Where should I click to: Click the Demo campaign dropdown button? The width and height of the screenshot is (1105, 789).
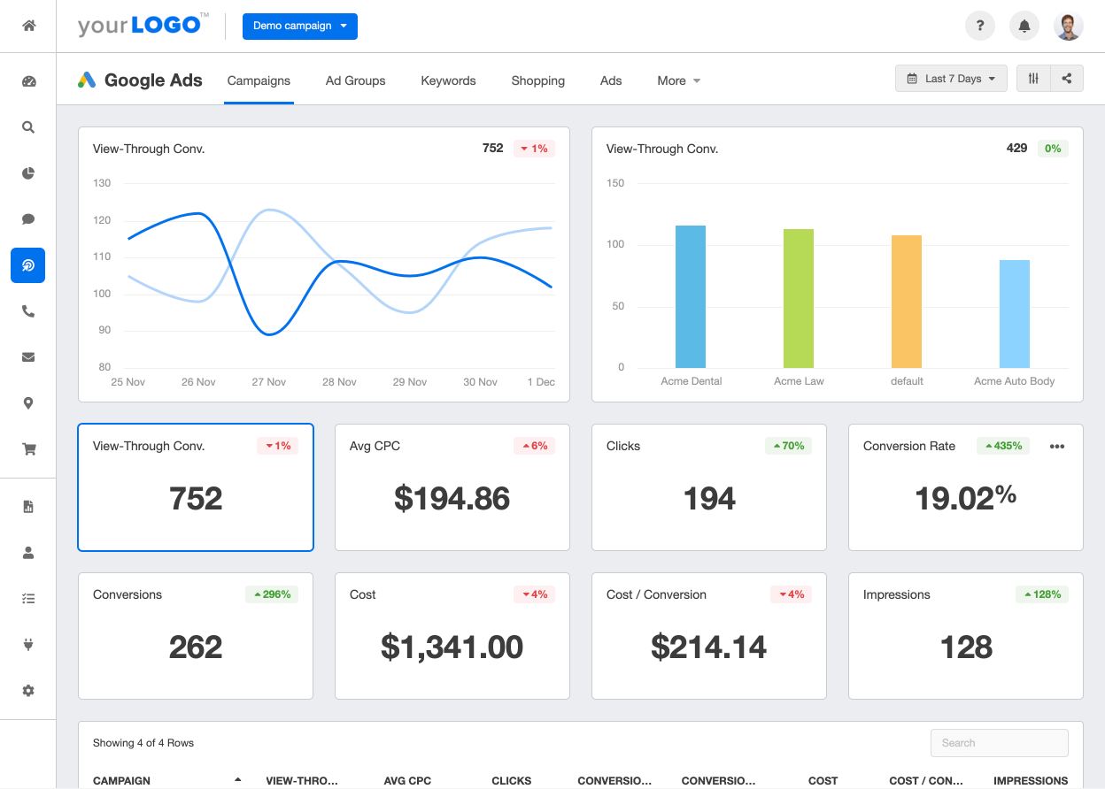[x=299, y=26]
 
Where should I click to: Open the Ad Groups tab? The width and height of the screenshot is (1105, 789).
[x=355, y=80]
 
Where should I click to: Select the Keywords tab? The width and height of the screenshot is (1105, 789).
[x=448, y=80]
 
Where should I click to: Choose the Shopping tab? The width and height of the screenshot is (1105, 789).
[x=537, y=80]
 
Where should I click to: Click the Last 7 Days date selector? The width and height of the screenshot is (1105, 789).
[x=951, y=79]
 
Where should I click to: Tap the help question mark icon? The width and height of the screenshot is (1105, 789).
[x=980, y=26]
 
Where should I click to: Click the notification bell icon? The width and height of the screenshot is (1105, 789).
[x=1024, y=26]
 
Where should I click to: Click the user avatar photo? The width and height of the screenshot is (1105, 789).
[x=1069, y=26]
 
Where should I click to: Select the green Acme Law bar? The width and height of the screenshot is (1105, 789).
[x=799, y=298]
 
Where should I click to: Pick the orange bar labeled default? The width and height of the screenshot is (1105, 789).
[x=907, y=302]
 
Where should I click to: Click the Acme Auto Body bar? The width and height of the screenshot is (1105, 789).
[x=1015, y=314]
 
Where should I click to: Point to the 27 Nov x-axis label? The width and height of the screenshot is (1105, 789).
[x=269, y=382]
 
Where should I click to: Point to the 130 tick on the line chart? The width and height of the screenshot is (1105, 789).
[x=102, y=183]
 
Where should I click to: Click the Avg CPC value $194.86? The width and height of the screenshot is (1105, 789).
[x=452, y=499]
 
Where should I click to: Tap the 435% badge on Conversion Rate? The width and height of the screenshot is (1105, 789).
[x=1003, y=446]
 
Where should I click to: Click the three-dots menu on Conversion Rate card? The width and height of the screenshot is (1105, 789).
[x=1057, y=447]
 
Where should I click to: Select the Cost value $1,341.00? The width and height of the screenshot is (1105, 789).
[x=452, y=647]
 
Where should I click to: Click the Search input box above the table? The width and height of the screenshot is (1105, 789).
[x=999, y=743]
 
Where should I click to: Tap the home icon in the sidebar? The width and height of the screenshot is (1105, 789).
[x=28, y=26]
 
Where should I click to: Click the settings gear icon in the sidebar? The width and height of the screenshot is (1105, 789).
[x=28, y=690]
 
